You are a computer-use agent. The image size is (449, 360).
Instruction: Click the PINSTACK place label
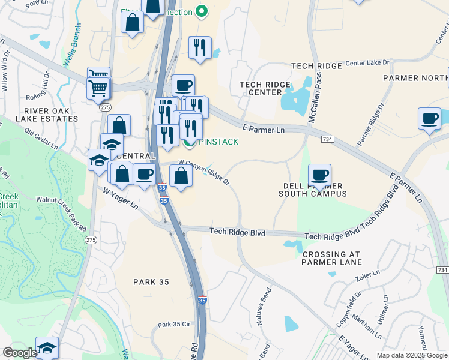(x=218, y=142)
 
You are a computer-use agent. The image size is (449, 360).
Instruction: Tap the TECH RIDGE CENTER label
(x=265, y=88)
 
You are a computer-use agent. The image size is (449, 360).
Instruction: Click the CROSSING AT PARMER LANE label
(x=331, y=258)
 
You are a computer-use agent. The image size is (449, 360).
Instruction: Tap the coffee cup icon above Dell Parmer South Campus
(x=320, y=175)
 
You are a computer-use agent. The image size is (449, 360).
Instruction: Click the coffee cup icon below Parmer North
(x=430, y=118)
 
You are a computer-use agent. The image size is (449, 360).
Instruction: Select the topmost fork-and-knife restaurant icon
(x=199, y=47)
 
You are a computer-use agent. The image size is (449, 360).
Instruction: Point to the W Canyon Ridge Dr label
(x=204, y=170)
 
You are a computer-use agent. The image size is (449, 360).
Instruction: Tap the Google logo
(x=20, y=353)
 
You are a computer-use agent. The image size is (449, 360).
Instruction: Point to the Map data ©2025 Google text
(x=411, y=355)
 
